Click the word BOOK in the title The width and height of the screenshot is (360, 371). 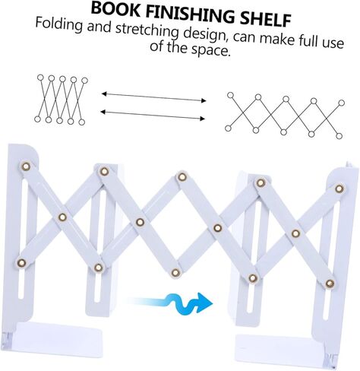115,9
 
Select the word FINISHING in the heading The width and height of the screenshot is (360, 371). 191,14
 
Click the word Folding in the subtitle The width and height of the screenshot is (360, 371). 59,25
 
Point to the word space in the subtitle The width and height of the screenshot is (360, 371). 210,49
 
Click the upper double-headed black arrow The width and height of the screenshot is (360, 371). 153,97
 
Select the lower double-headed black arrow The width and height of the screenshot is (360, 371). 153,115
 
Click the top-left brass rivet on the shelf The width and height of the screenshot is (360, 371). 26,166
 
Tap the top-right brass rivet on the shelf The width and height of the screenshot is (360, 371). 339,189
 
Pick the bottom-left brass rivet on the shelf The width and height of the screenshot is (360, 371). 21,263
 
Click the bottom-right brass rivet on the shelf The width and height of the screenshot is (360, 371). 330,284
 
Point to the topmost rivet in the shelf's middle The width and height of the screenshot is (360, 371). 182,176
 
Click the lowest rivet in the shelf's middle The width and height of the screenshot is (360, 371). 176,273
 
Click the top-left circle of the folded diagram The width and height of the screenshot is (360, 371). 40,78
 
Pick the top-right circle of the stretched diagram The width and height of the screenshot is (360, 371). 342,103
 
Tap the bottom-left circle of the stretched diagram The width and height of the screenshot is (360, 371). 228,128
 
